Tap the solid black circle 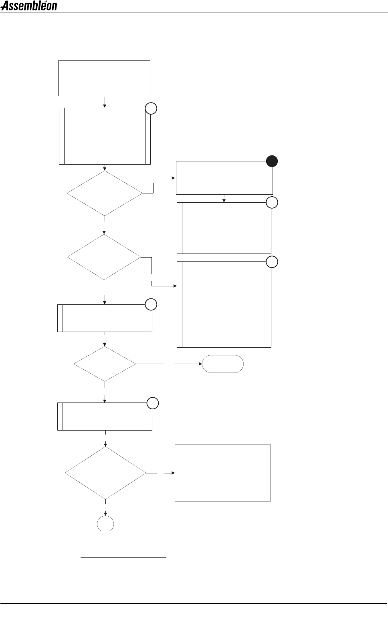[x=272, y=161]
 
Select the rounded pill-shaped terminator [x=223, y=364]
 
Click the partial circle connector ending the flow [x=106, y=524]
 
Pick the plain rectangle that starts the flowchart [x=104, y=78]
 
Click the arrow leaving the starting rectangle [x=105, y=102]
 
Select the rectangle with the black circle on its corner [x=224, y=178]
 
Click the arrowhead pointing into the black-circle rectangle [x=174, y=178]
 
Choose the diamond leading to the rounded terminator [x=105, y=364]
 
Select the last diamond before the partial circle [x=105, y=473]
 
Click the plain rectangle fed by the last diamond [x=223, y=473]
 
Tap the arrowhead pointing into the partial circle [x=106, y=514]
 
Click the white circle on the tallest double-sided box [x=272, y=262]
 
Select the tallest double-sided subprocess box [x=224, y=304]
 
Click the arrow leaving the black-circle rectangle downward [x=224, y=198]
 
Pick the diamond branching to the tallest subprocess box [x=104, y=257]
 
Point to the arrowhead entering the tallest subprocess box [x=175, y=286]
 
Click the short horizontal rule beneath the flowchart [x=123, y=557]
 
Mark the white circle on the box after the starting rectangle [x=151, y=109]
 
